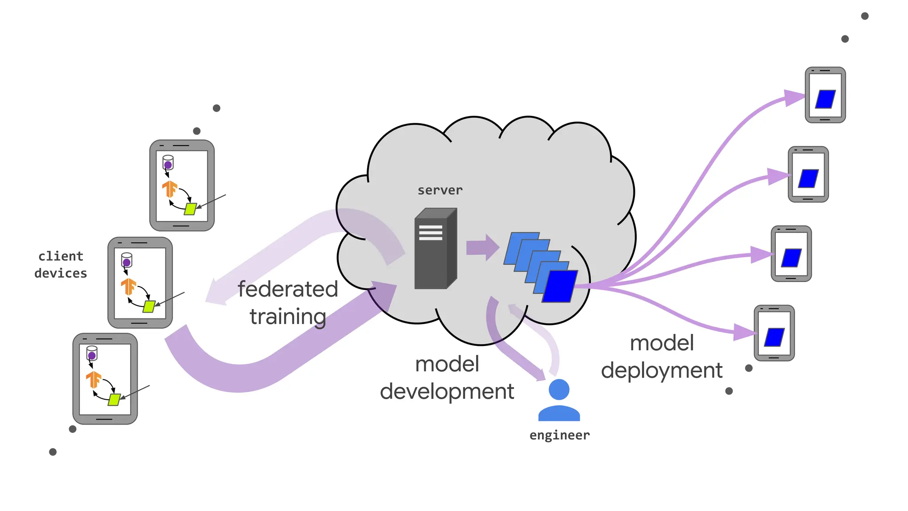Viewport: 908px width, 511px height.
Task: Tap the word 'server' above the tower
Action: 440,190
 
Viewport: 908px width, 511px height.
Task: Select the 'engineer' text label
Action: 559,435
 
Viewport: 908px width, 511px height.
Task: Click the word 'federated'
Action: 288,289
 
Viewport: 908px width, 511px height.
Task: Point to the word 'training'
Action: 288,317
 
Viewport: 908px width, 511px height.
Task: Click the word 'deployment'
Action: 661,370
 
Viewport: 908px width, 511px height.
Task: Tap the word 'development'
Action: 447,392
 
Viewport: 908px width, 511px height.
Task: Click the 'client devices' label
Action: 61,265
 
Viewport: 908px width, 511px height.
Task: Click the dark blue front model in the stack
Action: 560,287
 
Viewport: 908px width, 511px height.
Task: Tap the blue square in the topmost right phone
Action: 825,99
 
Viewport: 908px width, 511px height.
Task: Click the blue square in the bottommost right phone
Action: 774,337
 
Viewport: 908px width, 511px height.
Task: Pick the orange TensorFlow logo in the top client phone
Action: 169,189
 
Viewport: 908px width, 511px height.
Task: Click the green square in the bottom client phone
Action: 114,400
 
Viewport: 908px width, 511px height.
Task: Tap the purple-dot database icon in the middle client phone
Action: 126,260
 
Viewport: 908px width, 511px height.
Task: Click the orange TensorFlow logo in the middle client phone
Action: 129,287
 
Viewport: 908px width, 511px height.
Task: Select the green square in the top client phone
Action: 190,209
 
